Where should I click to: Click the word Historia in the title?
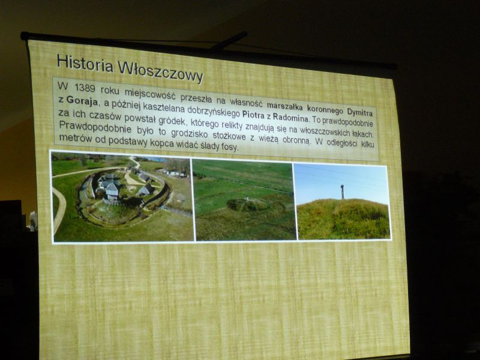pyautogui.click(x=85, y=64)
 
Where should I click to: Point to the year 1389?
pyautogui.click(x=85, y=88)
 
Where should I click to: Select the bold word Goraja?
pyautogui.click(x=82, y=101)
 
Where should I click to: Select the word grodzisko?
pyautogui.click(x=190, y=134)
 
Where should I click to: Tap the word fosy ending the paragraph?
pyautogui.click(x=229, y=147)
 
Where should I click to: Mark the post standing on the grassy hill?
pyautogui.click(x=342, y=191)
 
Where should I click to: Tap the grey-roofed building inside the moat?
pyautogui.click(x=112, y=190)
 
